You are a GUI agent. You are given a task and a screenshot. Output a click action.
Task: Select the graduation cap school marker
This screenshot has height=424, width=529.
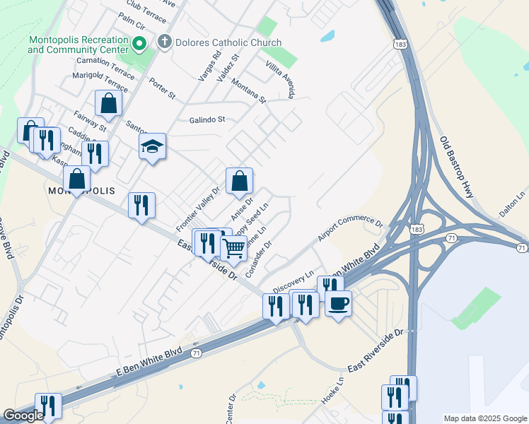(x=152, y=147)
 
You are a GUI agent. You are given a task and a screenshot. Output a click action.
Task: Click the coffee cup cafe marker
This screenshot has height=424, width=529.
(x=338, y=304)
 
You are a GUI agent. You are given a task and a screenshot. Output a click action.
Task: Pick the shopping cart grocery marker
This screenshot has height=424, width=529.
(x=233, y=248)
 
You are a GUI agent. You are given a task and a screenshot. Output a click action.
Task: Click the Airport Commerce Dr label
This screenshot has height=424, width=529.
(x=350, y=229)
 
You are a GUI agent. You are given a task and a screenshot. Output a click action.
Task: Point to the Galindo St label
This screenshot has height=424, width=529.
(x=207, y=119)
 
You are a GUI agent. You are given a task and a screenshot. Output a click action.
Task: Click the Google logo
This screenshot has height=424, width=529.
(x=23, y=416)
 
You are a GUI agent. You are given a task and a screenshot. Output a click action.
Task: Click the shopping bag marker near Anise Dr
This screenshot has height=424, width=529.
(x=240, y=181)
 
